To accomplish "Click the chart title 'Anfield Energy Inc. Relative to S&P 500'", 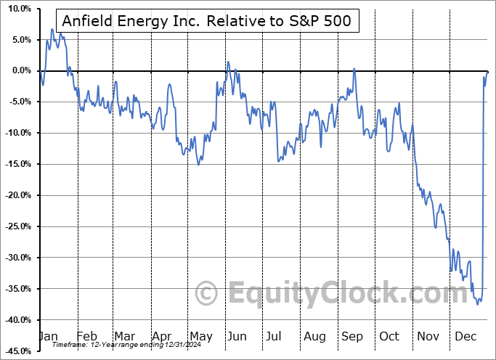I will pyautogui.click(x=206, y=21).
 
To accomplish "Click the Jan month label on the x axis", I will pyautogui.click(x=48, y=336).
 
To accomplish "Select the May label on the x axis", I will pyautogui.click(x=200, y=336).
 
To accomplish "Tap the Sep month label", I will pyautogui.click(x=353, y=336).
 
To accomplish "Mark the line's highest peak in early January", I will pyautogui.click(x=52, y=29).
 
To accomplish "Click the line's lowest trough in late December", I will pyautogui.click(x=478, y=304).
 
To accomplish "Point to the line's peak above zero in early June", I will pyautogui.click(x=227, y=62).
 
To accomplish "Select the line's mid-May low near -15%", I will pyautogui.click(x=198, y=164).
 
